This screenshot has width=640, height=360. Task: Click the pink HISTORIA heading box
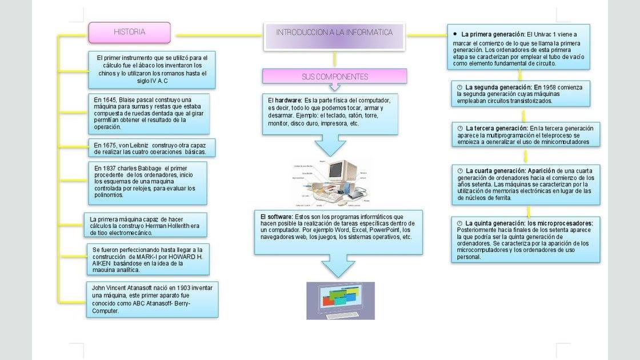point(129,33)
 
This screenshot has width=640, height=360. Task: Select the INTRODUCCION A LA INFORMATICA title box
point(334,33)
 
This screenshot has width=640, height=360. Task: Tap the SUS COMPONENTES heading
point(335,77)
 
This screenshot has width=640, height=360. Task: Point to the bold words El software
point(277,217)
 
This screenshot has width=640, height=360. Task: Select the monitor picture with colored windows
point(341,300)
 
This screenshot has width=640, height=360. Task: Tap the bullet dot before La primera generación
point(455,34)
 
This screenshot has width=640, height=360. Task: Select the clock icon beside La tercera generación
point(460,128)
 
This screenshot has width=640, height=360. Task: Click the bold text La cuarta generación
point(495,171)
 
